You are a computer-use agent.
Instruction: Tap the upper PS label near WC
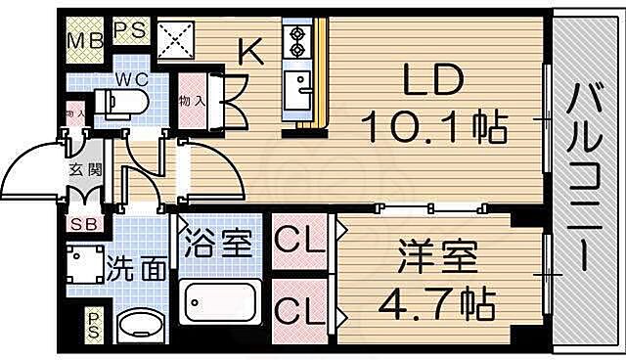tap(131, 29)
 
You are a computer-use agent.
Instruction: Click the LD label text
tap(431, 83)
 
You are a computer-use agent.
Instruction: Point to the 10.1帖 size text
tap(432, 125)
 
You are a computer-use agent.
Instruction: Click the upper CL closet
tap(301, 241)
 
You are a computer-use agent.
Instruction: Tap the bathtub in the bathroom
tap(220, 303)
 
